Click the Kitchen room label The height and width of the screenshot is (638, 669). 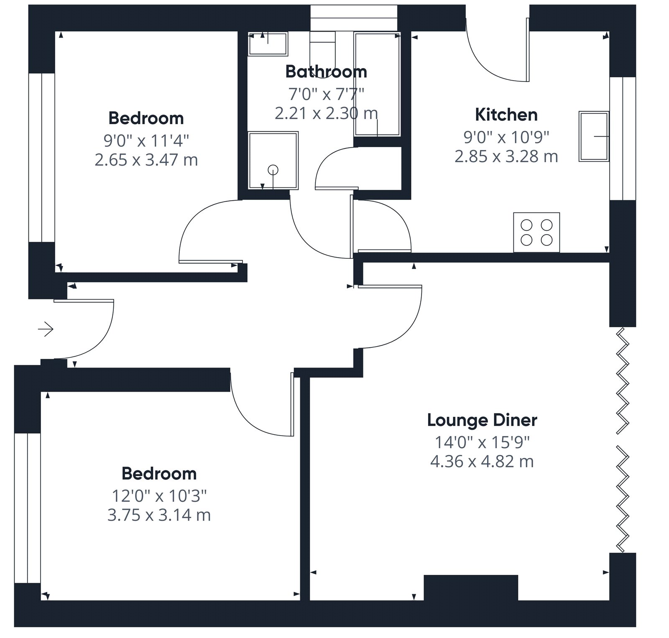coord(506,115)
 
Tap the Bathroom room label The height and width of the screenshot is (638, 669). coord(326,72)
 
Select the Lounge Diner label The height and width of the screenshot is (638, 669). coord(482,420)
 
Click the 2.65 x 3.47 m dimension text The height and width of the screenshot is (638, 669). coord(146,160)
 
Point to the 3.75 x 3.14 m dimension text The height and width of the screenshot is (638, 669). coord(159,515)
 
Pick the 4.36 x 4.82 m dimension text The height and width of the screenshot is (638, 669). coord(482,461)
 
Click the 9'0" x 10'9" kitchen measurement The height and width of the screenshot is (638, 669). coord(506,136)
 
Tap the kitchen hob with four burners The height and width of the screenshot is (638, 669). coord(536,232)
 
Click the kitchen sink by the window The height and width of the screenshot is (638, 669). coord(594,136)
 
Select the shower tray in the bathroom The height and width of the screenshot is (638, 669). coord(273,161)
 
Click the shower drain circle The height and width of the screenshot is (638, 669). coord(273,170)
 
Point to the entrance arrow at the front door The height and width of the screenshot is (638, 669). coord(46,329)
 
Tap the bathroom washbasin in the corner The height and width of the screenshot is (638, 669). coord(268,44)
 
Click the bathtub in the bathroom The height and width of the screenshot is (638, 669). coord(377,84)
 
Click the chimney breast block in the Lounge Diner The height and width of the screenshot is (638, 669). coord(471,588)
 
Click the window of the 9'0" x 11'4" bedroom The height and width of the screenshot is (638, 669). coord(42,158)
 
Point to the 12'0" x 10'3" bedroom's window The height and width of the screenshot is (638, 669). coord(28,508)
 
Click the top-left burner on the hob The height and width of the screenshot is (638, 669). coord(526,225)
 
